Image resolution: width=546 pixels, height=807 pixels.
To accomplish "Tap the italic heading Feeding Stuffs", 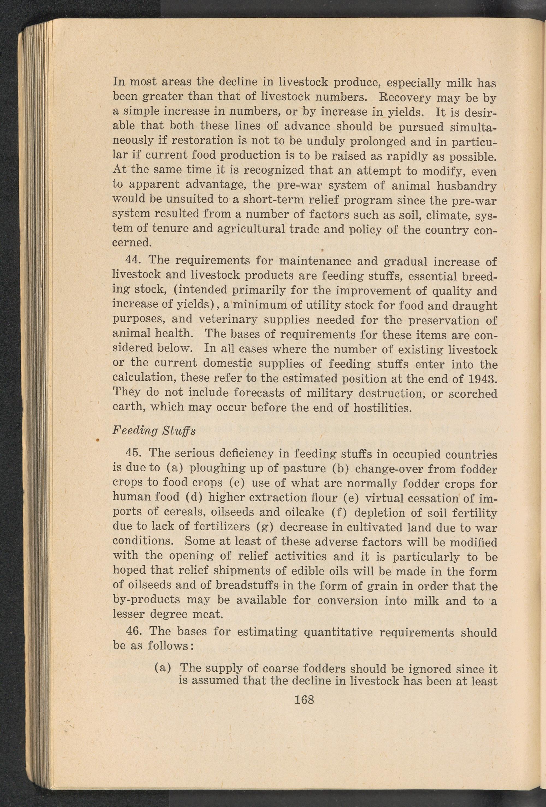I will tap(154, 431).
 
